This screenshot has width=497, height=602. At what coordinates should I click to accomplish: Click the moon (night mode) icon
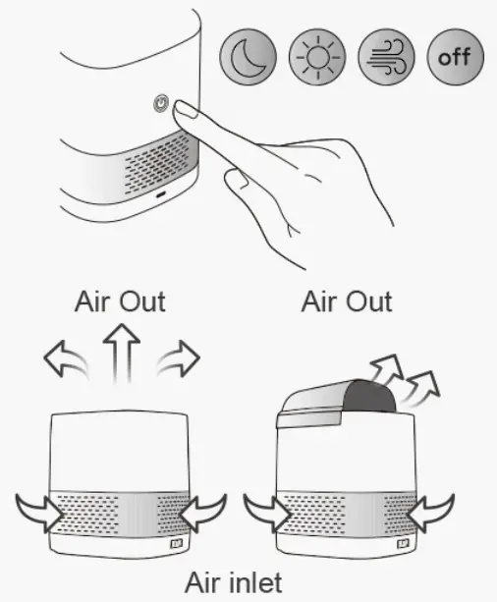click(247, 56)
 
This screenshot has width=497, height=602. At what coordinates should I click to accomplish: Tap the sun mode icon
click(316, 56)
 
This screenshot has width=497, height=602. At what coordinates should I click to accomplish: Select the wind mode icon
click(386, 56)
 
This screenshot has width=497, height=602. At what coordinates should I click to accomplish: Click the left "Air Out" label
click(120, 301)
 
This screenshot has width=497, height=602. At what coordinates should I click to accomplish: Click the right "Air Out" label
click(346, 301)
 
